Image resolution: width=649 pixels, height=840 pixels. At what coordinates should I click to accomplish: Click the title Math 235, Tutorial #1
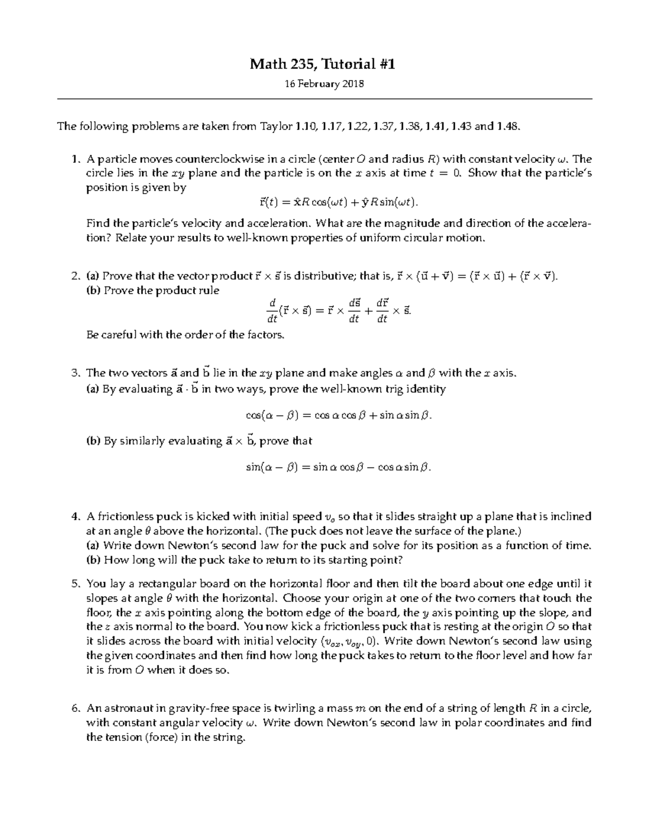point(322,64)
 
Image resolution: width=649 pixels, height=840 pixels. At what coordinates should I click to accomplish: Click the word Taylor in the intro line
point(276,127)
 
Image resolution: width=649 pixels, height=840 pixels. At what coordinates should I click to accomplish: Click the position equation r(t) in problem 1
point(336,203)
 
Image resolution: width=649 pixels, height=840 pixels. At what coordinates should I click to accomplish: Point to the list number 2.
point(75,276)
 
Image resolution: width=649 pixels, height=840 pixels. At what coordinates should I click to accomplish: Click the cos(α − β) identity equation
point(339,415)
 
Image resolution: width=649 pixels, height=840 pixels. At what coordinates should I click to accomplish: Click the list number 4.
point(75,517)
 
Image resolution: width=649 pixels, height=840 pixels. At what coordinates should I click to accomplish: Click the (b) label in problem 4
point(93,560)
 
